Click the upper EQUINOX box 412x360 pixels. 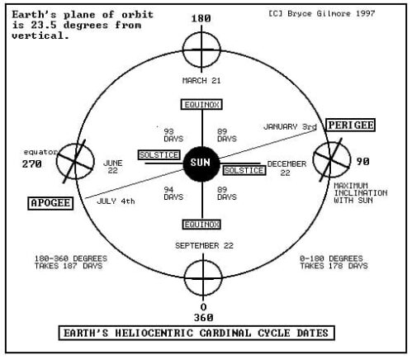point(202,105)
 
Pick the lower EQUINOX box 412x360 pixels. point(202,223)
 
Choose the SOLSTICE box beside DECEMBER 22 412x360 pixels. point(244,170)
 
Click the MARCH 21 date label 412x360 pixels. point(202,80)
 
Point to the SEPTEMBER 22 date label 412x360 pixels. point(202,246)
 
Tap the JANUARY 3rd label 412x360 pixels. point(290,127)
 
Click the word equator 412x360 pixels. point(39,151)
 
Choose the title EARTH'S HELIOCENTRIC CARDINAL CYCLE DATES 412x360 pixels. point(202,334)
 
